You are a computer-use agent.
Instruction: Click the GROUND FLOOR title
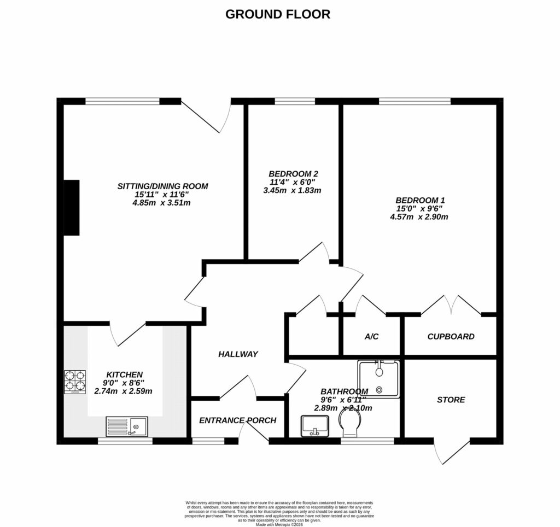pyautogui.click(x=278, y=14)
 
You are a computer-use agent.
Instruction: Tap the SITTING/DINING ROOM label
pyautogui.click(x=163, y=186)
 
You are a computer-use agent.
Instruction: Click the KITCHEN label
pyautogui.click(x=124, y=374)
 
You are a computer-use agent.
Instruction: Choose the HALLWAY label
pyautogui.click(x=238, y=354)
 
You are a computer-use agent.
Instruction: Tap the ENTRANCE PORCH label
pyautogui.click(x=238, y=420)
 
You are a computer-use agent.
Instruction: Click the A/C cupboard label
pyautogui.click(x=372, y=337)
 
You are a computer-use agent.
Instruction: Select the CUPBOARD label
pyautogui.click(x=451, y=337)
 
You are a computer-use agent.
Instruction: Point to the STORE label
pyautogui.click(x=451, y=400)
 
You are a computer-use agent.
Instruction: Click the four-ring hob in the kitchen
pyautogui.click(x=75, y=382)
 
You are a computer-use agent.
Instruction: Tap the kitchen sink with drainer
pyautogui.click(x=126, y=426)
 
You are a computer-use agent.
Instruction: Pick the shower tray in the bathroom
pyautogui.click(x=378, y=379)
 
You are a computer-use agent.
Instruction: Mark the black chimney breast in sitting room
pyautogui.click(x=72, y=208)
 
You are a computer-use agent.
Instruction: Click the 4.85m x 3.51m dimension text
pyautogui.click(x=163, y=203)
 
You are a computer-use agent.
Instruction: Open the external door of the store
pyautogui.click(x=452, y=452)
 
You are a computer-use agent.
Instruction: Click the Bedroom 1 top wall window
pyautogui.click(x=415, y=101)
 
